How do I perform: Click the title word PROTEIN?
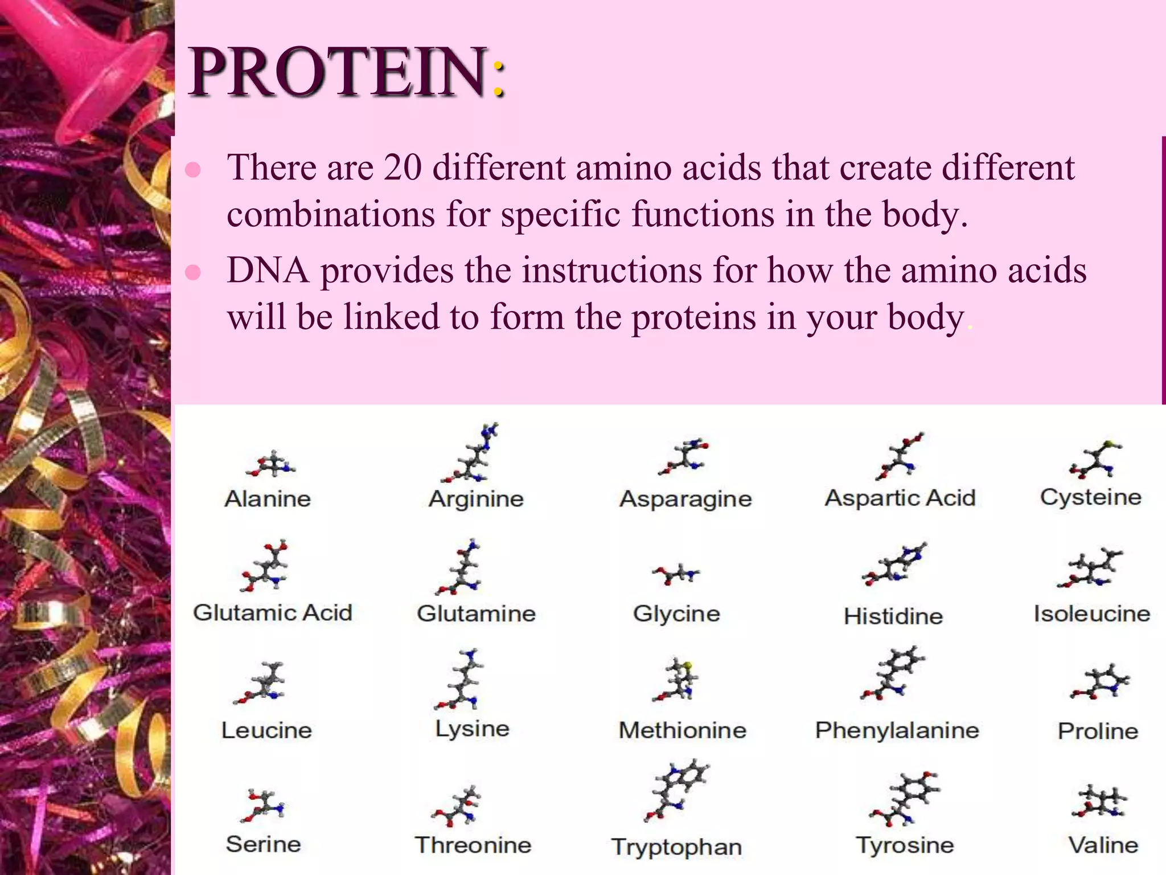(x=338, y=72)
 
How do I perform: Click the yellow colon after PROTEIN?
(x=498, y=79)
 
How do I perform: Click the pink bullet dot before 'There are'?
(x=193, y=170)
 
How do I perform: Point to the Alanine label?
(x=268, y=499)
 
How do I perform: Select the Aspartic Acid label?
(x=900, y=498)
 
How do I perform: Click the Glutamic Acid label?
(x=273, y=613)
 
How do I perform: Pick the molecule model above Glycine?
(x=676, y=574)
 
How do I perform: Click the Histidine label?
(x=893, y=616)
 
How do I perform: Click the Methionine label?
(x=682, y=730)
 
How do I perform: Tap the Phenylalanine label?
(x=897, y=730)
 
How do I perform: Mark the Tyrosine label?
(x=905, y=845)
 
